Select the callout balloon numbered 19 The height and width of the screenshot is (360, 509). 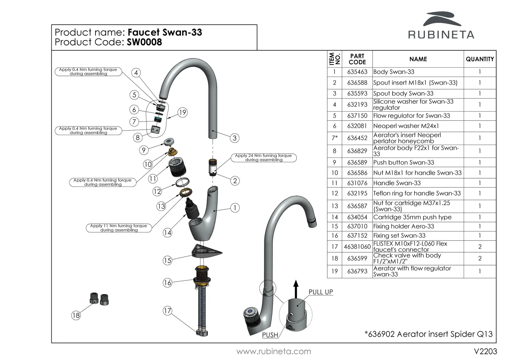pos(182,113)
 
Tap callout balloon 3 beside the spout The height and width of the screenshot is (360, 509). pos(234,138)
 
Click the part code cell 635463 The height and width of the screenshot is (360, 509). pos(357,72)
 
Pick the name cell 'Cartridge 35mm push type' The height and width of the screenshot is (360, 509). pos(412,217)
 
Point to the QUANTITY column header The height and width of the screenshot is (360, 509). pos(479,59)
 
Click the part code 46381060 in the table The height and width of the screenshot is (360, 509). pos(357,247)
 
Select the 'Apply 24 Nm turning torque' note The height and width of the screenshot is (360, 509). pos(263,158)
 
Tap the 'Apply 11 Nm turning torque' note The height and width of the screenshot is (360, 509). pos(119,228)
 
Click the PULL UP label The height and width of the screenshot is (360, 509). pos(321,292)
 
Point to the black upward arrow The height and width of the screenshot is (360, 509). pos(295,288)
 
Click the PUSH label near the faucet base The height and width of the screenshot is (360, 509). pos(270,335)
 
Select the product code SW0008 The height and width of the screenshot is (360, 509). pos(144,42)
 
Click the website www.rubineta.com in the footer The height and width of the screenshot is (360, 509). pos(274,351)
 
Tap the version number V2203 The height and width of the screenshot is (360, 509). pos(485,351)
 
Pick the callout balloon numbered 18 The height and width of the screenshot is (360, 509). pos(76,315)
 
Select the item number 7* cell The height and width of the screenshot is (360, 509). pos(334,138)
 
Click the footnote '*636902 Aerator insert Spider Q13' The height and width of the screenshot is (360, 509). pos(429,334)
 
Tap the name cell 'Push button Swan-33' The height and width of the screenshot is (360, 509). pos(404,163)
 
